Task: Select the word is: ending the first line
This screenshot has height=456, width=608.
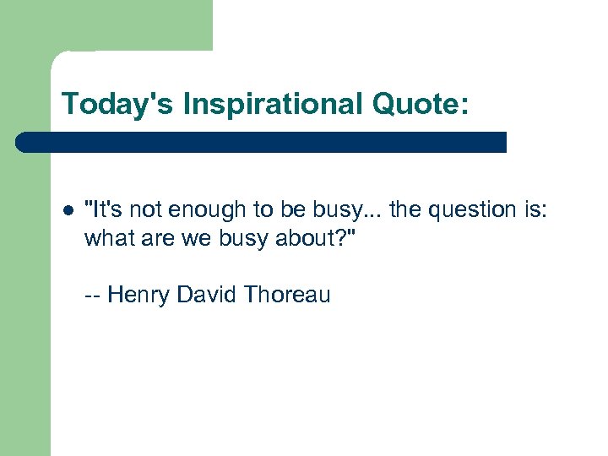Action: click(x=535, y=210)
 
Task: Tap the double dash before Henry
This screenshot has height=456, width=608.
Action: click(x=93, y=296)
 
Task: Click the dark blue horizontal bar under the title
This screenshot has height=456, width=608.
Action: click(x=262, y=142)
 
